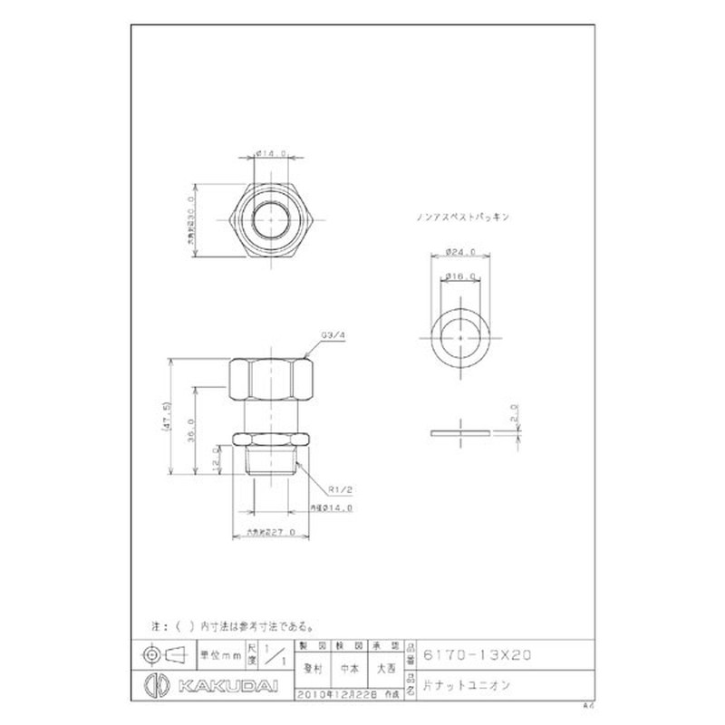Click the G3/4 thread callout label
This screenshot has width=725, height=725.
pos(333,335)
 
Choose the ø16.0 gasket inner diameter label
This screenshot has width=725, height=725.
pos(460,275)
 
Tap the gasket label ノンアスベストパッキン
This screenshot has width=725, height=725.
pos(462,217)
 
